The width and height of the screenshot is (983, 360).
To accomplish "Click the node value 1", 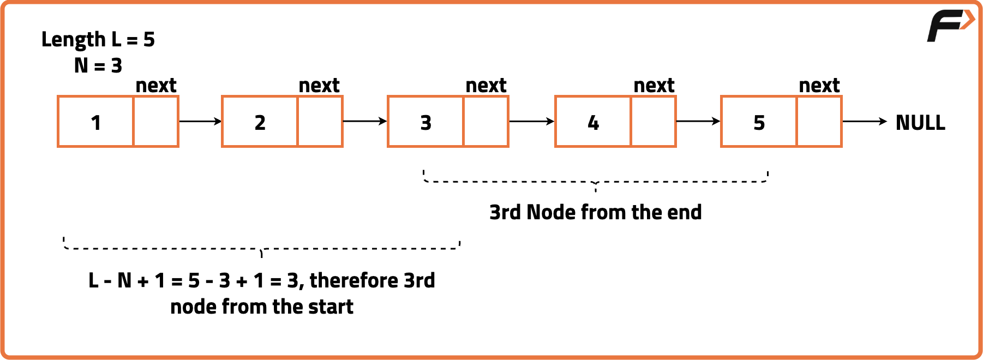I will pyautogui.click(x=96, y=123).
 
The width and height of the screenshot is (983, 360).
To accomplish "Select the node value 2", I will pyautogui.click(x=260, y=123).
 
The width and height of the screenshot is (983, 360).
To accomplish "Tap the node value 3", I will pyautogui.click(x=426, y=123).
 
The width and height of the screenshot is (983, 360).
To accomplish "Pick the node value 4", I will pyautogui.click(x=594, y=123).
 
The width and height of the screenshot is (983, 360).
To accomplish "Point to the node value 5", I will pyautogui.click(x=759, y=123).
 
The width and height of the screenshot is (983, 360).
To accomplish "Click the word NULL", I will pyautogui.click(x=920, y=123).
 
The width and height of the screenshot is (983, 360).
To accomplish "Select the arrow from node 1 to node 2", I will pyautogui.click(x=200, y=121).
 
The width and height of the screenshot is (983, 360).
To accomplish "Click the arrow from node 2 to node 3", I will pyautogui.click(x=364, y=121).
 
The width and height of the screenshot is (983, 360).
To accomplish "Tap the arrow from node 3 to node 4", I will pyautogui.click(x=531, y=121).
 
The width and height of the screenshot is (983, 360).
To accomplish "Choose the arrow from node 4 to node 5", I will pyautogui.click(x=698, y=121).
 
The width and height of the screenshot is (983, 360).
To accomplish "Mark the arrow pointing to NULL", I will pyautogui.click(x=865, y=121).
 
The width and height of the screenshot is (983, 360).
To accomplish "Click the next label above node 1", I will pyautogui.click(x=156, y=86).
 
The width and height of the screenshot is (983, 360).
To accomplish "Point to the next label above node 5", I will pyautogui.click(x=819, y=86).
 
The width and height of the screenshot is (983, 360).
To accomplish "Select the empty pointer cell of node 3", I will pyautogui.click(x=485, y=122).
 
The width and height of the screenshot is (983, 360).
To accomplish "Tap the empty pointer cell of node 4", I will pyautogui.click(x=653, y=122).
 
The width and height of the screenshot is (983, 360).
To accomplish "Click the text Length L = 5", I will pyautogui.click(x=98, y=40).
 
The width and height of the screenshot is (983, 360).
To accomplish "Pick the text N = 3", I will pyautogui.click(x=98, y=66).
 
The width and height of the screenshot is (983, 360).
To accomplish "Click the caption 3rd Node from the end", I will pyautogui.click(x=595, y=212).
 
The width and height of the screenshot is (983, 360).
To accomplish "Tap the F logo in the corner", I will pyautogui.click(x=950, y=25).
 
